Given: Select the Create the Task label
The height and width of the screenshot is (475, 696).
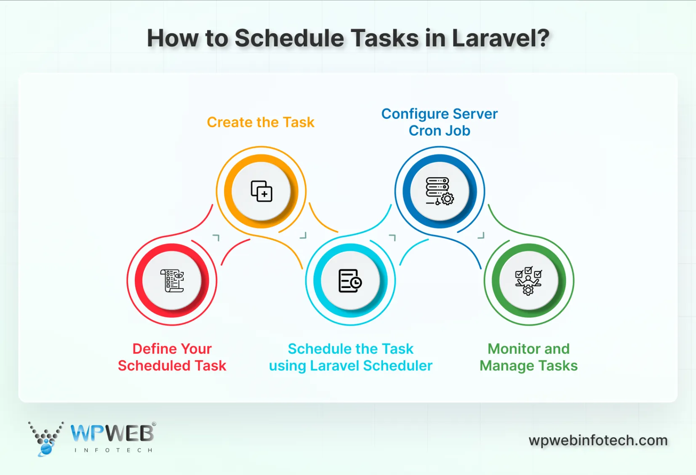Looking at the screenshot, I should coord(261,122).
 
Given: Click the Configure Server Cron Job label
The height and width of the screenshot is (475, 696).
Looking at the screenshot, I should coord(439,122).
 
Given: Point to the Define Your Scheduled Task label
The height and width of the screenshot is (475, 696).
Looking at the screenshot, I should coord(172,357).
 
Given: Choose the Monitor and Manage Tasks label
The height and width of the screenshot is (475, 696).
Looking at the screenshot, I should coord(528,357).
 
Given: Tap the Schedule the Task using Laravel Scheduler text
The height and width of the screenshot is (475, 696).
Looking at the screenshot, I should coord(350,357).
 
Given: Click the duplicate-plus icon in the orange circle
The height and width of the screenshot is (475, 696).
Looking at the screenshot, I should coord(261,191).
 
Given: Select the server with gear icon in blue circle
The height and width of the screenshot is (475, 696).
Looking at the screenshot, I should coord(440,191).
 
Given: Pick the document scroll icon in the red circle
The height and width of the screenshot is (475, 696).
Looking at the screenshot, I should coord(172,280).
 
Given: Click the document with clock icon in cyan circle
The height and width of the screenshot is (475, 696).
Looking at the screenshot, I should coord(350,281).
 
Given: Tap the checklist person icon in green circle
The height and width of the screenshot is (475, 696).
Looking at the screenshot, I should coord(528,281).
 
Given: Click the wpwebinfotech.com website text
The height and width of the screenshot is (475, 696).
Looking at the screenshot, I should coord(598,440).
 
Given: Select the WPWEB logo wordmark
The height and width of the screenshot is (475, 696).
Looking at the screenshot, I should coord(112,434).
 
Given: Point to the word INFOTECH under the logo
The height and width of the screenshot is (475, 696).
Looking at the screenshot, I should coord(113,450).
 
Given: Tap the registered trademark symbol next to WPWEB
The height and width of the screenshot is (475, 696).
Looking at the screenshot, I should coord(154,424).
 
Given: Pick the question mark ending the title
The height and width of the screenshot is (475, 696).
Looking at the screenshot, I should coord(543,38).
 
